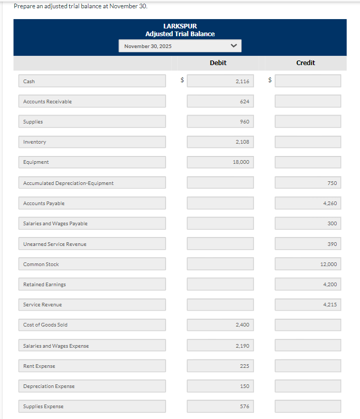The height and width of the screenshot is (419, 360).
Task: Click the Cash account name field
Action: coord(93,81)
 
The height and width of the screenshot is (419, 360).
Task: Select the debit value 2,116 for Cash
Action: coord(220,81)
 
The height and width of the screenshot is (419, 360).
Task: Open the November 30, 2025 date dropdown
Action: coord(180,46)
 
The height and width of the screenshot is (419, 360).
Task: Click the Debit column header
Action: coord(218,63)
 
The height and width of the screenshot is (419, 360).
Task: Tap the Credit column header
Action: coord(305,63)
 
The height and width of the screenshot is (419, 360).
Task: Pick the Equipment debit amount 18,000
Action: coord(220,162)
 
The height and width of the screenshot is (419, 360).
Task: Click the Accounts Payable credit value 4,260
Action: coord(308,203)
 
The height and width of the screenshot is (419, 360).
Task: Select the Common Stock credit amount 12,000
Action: coord(308,264)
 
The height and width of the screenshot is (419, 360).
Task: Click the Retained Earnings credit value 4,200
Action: coord(308,284)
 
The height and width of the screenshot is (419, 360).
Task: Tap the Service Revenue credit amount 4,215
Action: coord(308,305)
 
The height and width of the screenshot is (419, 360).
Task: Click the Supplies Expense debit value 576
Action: coord(220,407)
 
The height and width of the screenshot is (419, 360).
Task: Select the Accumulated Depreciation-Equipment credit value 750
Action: coord(308,183)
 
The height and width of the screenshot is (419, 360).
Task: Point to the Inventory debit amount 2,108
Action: coord(220,142)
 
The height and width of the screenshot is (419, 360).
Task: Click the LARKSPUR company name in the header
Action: coord(180,26)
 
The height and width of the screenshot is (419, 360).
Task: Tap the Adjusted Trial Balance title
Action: coord(180,34)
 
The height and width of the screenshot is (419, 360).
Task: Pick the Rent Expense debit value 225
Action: coord(220,366)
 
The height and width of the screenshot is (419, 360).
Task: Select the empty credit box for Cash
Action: coord(308,81)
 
